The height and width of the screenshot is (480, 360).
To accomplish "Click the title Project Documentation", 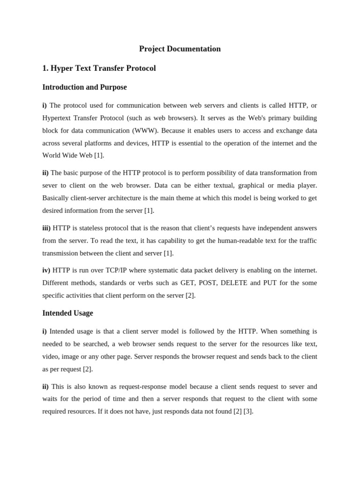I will click(x=180, y=49).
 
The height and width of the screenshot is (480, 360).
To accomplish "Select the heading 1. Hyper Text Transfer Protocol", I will click(x=99, y=68).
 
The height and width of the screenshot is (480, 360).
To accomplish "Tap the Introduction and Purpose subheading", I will click(x=84, y=87).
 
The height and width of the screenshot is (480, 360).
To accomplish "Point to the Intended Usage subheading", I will click(x=67, y=313).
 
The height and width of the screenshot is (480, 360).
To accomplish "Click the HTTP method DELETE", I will click(x=234, y=283).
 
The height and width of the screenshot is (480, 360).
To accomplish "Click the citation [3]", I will click(x=248, y=412).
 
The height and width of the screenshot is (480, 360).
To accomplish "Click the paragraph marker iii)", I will click(x=46, y=228).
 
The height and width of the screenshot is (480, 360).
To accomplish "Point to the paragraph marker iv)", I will click(x=46, y=270).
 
